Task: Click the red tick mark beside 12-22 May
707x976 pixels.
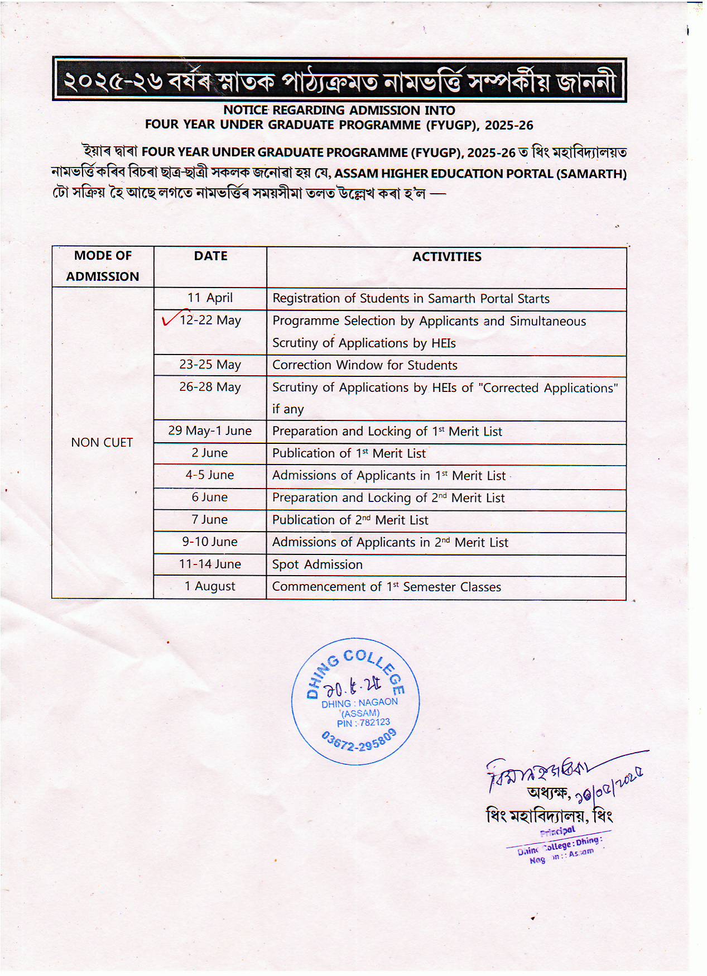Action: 170,319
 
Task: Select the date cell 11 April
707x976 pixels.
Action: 210,298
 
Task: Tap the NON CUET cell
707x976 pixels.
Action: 102,443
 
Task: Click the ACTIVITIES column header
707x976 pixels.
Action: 446,257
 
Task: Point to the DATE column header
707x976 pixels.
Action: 210,256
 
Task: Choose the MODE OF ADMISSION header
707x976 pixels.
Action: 103,266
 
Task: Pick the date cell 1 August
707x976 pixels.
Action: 210,586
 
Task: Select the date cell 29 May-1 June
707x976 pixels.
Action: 210,431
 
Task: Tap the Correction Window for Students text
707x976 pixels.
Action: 364,365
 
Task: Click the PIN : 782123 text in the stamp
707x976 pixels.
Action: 363,723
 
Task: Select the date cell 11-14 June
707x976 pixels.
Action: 210,564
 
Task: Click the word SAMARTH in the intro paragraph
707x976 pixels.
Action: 590,174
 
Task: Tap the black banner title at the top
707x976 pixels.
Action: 339,80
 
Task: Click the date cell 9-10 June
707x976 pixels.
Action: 210,542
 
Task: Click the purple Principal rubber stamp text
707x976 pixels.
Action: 558,831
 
